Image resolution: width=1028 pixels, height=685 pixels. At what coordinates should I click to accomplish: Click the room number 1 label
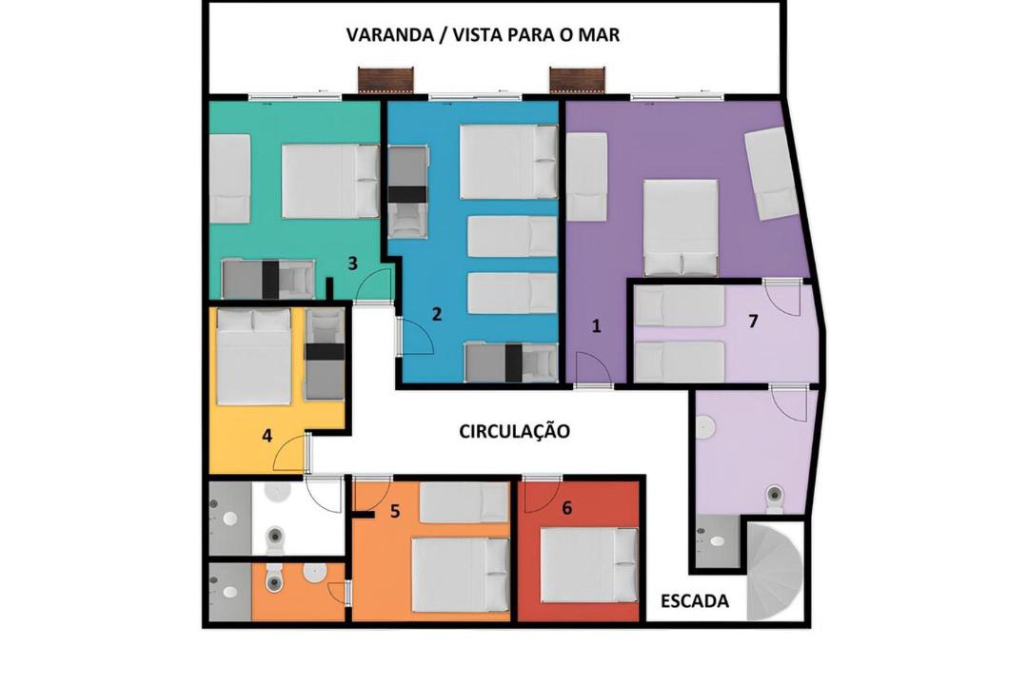tap(596, 325)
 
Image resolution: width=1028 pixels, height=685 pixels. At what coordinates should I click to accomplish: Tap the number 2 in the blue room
tap(437, 314)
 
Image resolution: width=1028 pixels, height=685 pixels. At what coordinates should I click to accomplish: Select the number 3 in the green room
tap(353, 264)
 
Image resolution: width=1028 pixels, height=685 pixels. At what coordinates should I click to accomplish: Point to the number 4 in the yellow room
tap(267, 435)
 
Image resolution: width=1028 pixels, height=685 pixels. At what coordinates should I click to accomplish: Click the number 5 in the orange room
tap(395, 511)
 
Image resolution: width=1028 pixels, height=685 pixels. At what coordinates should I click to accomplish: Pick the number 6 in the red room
tap(567, 507)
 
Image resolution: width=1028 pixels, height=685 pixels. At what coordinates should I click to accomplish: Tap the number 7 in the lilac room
tap(753, 322)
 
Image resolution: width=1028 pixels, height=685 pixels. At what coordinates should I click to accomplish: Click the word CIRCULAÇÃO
tap(514, 431)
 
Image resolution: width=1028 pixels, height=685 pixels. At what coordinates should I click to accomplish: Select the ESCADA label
tap(694, 601)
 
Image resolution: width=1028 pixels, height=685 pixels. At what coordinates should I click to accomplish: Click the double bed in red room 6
tap(589, 565)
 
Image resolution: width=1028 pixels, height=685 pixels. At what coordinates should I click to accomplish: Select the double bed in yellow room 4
tap(254, 357)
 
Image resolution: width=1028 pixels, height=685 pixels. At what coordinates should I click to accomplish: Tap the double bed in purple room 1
tap(682, 227)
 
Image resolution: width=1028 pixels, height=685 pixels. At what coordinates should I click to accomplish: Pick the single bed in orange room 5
tap(465, 502)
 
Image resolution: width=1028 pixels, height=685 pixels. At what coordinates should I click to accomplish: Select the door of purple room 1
tap(594, 369)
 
